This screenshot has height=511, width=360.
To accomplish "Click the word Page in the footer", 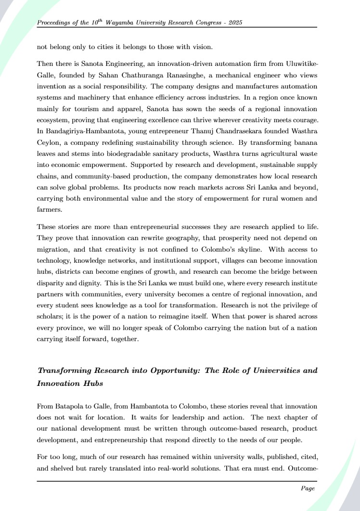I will [x=308, y=488].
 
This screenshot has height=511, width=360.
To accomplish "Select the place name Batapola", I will [x=72, y=406].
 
